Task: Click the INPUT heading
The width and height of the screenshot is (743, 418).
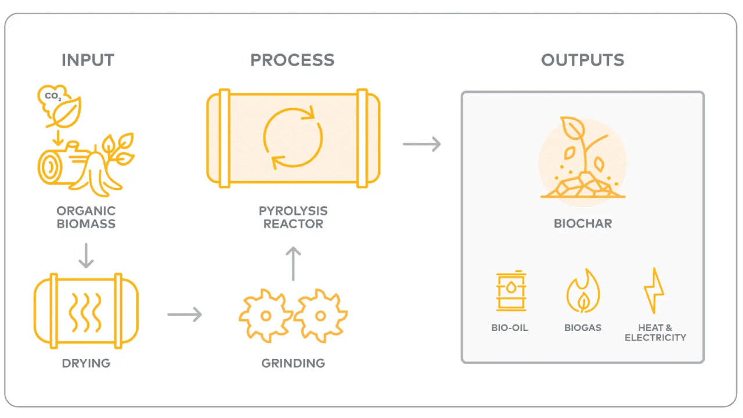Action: (88, 60)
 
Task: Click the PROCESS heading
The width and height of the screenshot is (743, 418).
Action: (292, 60)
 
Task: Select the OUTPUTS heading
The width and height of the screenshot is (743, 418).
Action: (582, 60)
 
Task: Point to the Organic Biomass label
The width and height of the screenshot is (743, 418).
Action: (86, 217)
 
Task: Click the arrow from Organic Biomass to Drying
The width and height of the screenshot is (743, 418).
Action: (86, 255)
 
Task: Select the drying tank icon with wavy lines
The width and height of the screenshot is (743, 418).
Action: (86, 311)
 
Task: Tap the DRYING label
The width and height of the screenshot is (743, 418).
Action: (86, 364)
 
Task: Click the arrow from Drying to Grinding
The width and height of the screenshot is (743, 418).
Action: (185, 315)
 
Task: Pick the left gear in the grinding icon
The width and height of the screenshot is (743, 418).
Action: (265, 316)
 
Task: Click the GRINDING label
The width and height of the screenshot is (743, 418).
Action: (293, 364)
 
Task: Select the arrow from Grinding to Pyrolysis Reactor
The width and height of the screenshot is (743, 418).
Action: (294, 264)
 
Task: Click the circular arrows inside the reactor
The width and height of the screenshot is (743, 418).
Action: (293, 137)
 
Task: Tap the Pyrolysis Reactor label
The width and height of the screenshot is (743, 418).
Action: (293, 217)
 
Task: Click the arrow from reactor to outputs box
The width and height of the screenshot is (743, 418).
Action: (422, 143)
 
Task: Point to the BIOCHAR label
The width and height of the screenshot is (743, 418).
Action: (582, 224)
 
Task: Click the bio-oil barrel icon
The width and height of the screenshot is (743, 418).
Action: (511, 291)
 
